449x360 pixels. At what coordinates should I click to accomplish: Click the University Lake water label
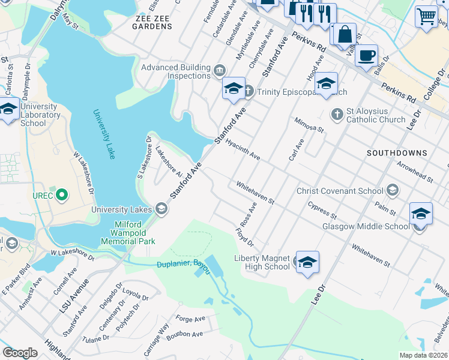103,134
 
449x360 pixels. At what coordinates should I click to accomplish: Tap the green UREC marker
61,195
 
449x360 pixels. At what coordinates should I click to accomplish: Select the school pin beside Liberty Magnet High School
307,262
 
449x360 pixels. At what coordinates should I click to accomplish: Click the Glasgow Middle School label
366,226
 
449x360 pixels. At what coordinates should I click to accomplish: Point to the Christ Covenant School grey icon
393,191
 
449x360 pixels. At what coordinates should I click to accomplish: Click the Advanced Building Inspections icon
218,72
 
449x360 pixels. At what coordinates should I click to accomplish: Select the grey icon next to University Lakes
161,209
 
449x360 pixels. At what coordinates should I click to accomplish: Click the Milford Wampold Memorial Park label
134,233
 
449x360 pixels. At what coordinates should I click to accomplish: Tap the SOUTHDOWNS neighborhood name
397,153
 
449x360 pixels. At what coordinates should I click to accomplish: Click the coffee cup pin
366,56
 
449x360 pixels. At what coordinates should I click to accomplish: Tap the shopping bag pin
345,34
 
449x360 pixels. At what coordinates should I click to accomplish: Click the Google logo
20,353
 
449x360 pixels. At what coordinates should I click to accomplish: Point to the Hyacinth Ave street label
243,151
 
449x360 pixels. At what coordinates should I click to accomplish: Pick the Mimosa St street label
309,125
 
